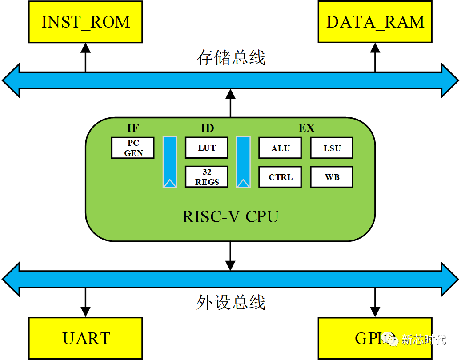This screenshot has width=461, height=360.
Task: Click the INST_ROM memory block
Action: pos(85,22)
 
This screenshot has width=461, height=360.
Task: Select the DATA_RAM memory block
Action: pos(375,22)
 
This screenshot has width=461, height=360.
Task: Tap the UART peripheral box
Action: pos(85,338)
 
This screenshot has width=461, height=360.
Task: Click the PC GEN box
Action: pos(133,148)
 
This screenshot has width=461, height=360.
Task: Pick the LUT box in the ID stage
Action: pos(207,148)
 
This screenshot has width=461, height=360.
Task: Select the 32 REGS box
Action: pos(207,177)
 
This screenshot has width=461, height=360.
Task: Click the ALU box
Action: pos(280,148)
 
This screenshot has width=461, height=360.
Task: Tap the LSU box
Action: pos(332,148)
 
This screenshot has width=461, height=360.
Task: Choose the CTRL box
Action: pos(280,177)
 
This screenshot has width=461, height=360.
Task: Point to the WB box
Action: pos(332,177)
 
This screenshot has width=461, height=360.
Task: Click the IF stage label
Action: pos(132,128)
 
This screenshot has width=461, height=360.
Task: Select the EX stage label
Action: pos(306,128)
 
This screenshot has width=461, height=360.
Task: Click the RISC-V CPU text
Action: pos(230,216)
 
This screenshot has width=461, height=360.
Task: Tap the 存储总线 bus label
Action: pos(230,58)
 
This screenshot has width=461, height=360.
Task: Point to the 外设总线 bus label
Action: pos(230,302)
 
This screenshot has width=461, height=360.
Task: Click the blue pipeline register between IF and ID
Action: pos(170,162)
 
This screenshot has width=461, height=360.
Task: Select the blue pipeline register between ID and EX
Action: pos(243,162)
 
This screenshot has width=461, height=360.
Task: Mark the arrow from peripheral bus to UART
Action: pos(85,302)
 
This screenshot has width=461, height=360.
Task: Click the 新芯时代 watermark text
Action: pos(423,340)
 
